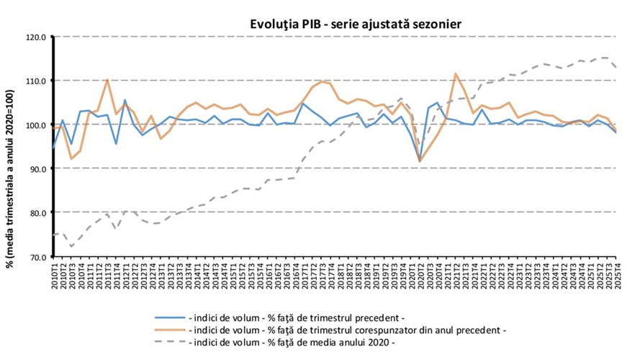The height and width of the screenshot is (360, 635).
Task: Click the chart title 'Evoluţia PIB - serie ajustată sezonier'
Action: coord(352,24)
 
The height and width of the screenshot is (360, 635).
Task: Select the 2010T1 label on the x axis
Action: coord(55,274)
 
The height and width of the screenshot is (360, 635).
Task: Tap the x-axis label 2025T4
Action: coord(617,274)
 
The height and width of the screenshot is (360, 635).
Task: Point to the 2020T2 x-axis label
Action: coord(420,274)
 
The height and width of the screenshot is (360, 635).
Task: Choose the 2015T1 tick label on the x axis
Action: coord(233,274)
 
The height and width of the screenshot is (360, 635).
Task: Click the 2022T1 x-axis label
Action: coord(482,274)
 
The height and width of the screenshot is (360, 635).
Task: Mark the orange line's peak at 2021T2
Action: coord(456,73)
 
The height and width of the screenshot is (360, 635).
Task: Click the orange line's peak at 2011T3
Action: coord(107,79)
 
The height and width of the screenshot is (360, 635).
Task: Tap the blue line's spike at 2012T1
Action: coord(125,100)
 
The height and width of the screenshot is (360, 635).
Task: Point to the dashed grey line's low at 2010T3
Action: coord(71,246)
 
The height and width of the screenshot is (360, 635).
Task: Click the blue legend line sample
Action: coord(169,316)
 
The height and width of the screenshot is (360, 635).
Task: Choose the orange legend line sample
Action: coord(169,329)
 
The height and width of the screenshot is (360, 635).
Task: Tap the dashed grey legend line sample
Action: coord(169,342)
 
